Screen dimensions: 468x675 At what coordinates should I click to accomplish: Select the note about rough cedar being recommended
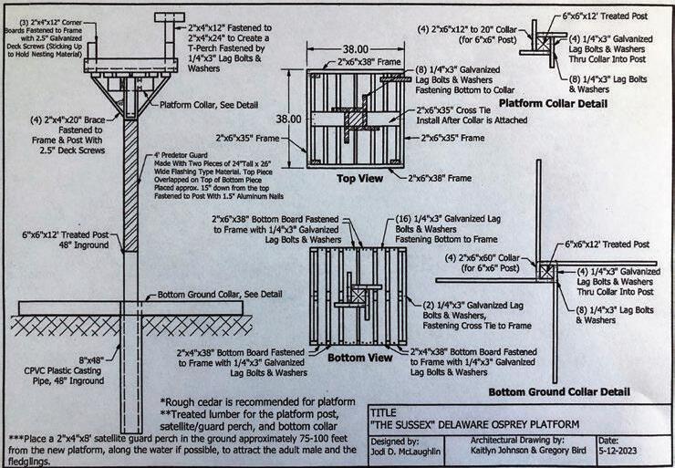click(258, 402)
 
